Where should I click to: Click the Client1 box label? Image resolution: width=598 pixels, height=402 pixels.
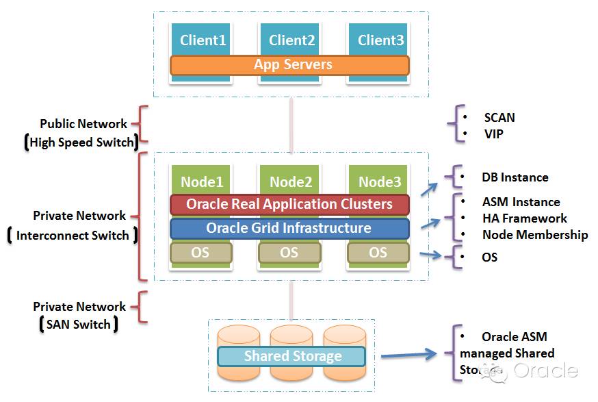coord(203,40)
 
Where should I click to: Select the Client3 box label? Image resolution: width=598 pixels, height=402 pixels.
coord(380,40)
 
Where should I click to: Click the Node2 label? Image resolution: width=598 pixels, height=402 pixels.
coord(291,181)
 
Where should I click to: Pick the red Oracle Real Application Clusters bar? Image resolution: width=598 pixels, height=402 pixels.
coord(289,204)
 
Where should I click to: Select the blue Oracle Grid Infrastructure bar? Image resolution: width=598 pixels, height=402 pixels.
coord(289,228)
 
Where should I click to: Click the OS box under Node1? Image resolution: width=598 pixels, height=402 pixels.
coord(200,253)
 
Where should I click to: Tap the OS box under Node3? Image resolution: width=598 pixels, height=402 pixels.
coord(378,253)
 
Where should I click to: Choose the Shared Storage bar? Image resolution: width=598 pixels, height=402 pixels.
coord(292,356)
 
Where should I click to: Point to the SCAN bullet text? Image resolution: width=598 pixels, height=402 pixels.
coord(499,118)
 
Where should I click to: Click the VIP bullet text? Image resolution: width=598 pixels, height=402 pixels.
coord(493,134)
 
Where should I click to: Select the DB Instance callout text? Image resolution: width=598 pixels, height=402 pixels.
coord(515,177)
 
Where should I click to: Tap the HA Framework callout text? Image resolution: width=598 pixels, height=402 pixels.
coord(524,218)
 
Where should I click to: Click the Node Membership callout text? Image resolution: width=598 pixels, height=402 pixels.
coord(534,235)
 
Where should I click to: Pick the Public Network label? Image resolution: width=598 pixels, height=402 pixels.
coord(83,124)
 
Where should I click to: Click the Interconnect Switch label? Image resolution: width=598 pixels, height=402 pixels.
coord(73,236)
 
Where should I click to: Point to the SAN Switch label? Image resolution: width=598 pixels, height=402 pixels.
coord(78,325)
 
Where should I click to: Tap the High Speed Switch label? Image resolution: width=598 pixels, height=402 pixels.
coord(81,142)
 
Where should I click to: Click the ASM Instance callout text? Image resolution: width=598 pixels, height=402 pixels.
coord(521,202)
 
